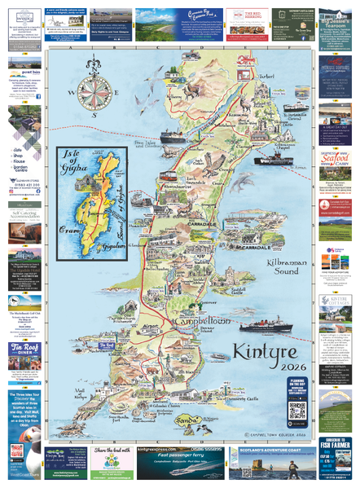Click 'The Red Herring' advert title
click(x=247, y=15)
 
